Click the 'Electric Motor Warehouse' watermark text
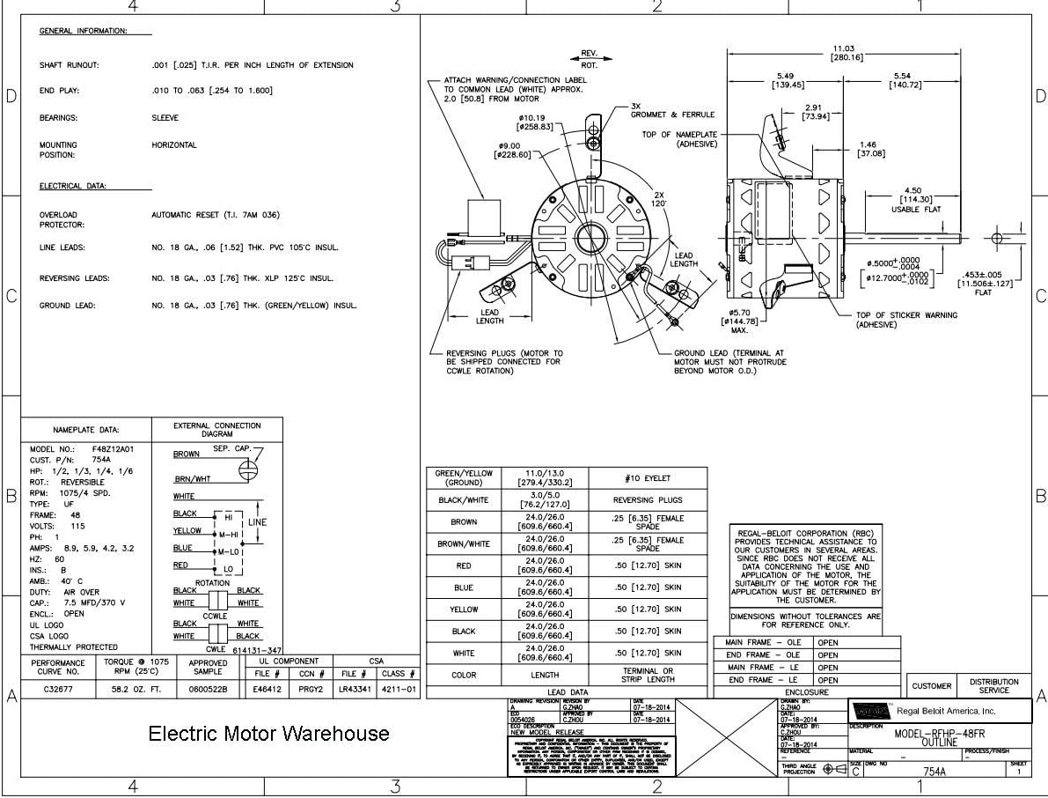click(268, 734)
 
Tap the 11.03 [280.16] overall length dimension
click(846, 53)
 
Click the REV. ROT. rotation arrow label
click(590, 59)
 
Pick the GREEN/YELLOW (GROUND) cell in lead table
click(464, 478)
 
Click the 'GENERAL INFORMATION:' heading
click(84, 31)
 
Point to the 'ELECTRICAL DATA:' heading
click(73, 187)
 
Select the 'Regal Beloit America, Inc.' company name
click(947, 711)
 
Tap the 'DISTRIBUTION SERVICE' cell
click(994, 686)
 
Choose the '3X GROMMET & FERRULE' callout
click(673, 110)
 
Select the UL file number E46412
click(267, 690)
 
